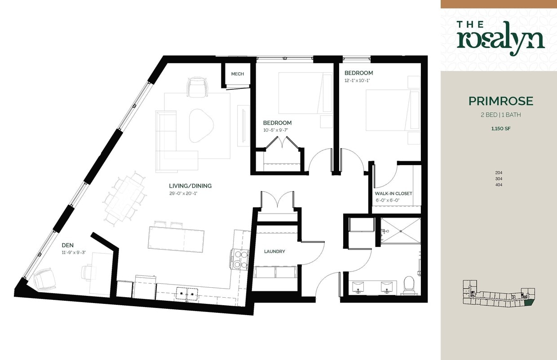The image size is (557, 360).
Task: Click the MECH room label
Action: tap(237, 74)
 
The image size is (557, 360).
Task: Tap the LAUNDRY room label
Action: tap(274, 251)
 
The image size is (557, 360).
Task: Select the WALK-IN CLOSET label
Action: tap(393, 194)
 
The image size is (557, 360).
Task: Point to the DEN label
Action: tap(68, 246)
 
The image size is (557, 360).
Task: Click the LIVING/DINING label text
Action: tap(190, 186)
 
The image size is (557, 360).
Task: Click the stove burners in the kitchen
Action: tap(240, 259)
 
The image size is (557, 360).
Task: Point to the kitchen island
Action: tap(176, 238)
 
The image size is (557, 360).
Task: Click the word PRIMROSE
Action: tap(501, 101)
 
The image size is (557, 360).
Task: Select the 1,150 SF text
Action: tap(501, 128)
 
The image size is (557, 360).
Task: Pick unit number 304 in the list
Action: tap(499, 179)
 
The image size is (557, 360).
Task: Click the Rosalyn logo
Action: tap(501, 38)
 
